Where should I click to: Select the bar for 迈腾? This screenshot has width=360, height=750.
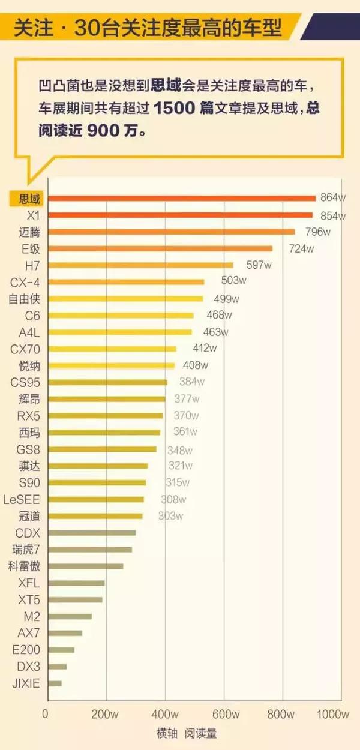pos(171,232)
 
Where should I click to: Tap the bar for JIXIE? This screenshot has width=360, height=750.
pos(55,683)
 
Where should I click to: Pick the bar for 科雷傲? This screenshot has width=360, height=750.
pos(85,566)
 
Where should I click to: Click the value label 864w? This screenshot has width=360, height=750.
pos(333,198)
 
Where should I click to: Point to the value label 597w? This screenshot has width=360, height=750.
pos(259,265)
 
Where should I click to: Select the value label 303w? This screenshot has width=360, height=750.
pos(170,515)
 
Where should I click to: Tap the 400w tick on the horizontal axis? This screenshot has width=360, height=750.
pos(165,714)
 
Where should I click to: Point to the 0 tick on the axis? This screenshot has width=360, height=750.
pos(45,714)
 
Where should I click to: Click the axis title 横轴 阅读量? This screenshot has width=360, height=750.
pos(187,733)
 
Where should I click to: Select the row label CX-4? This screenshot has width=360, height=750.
pos(26,282)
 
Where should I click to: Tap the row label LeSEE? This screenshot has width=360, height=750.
pos(22,499)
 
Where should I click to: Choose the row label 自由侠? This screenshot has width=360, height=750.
pos(25,299)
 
